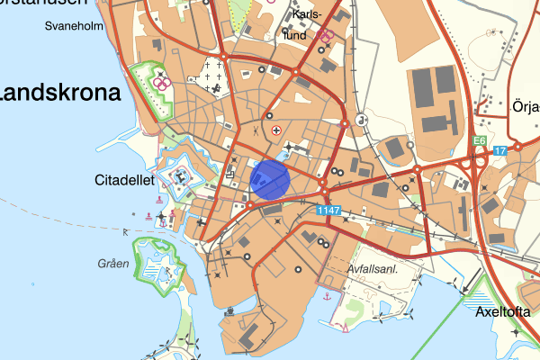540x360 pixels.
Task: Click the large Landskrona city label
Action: [x=60, y=94]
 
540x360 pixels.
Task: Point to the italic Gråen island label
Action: [x=114, y=264]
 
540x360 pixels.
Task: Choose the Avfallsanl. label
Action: [x=372, y=269]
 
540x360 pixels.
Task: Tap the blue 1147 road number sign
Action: [x=329, y=210]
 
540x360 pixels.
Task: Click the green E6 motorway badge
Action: [x=481, y=140]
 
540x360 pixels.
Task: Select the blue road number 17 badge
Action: [x=500, y=150]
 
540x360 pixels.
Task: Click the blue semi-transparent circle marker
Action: [x=269, y=178]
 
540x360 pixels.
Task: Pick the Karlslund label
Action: [x=306, y=25]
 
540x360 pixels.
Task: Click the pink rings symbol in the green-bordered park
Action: [x=163, y=83]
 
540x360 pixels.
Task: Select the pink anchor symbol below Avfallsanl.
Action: [x=328, y=296]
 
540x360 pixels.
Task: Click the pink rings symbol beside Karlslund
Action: [x=327, y=37]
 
